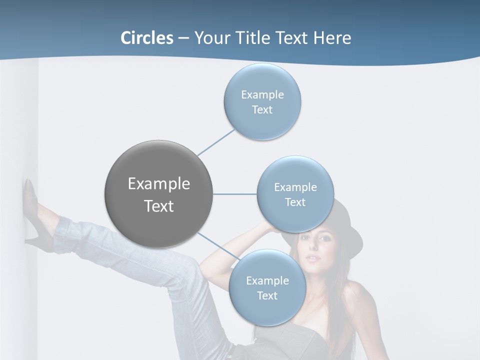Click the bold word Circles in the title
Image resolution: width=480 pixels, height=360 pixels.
(146, 38)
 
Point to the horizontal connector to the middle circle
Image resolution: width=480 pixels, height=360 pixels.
(234, 194)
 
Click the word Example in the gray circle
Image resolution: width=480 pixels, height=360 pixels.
(158, 184)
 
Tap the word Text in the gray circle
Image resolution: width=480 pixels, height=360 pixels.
(158, 206)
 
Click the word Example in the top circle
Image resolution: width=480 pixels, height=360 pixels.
(262, 95)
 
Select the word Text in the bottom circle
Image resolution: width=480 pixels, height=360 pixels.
(267, 296)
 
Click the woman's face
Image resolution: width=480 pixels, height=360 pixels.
(313, 250)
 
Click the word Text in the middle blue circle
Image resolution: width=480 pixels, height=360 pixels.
(295, 202)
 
